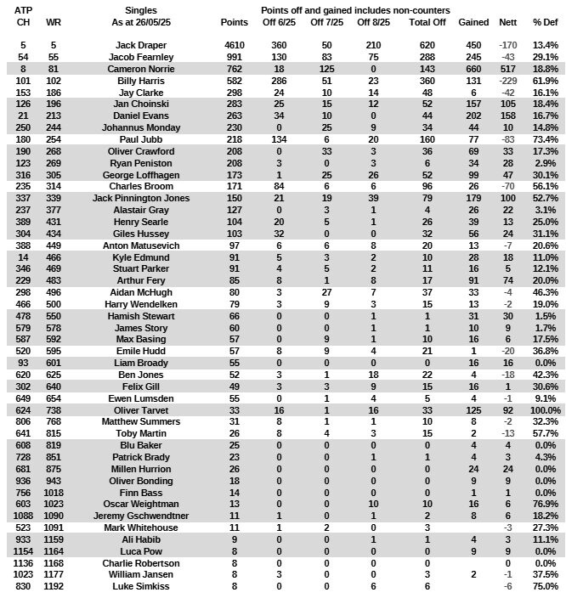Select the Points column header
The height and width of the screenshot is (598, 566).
coord(234,21)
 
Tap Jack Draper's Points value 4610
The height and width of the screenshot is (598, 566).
coord(234,44)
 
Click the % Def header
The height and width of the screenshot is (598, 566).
coord(545,21)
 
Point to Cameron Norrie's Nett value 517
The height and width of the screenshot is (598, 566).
coord(508,68)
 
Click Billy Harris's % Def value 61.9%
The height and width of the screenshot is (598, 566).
coord(545,80)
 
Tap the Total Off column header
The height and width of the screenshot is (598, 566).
coord(427,21)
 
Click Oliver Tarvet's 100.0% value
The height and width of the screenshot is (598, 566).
coord(544,433)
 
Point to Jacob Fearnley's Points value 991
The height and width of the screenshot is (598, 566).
coord(234,56)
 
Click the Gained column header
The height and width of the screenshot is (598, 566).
coord(473,21)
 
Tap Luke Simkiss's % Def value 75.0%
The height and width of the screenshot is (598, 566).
coord(545,587)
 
